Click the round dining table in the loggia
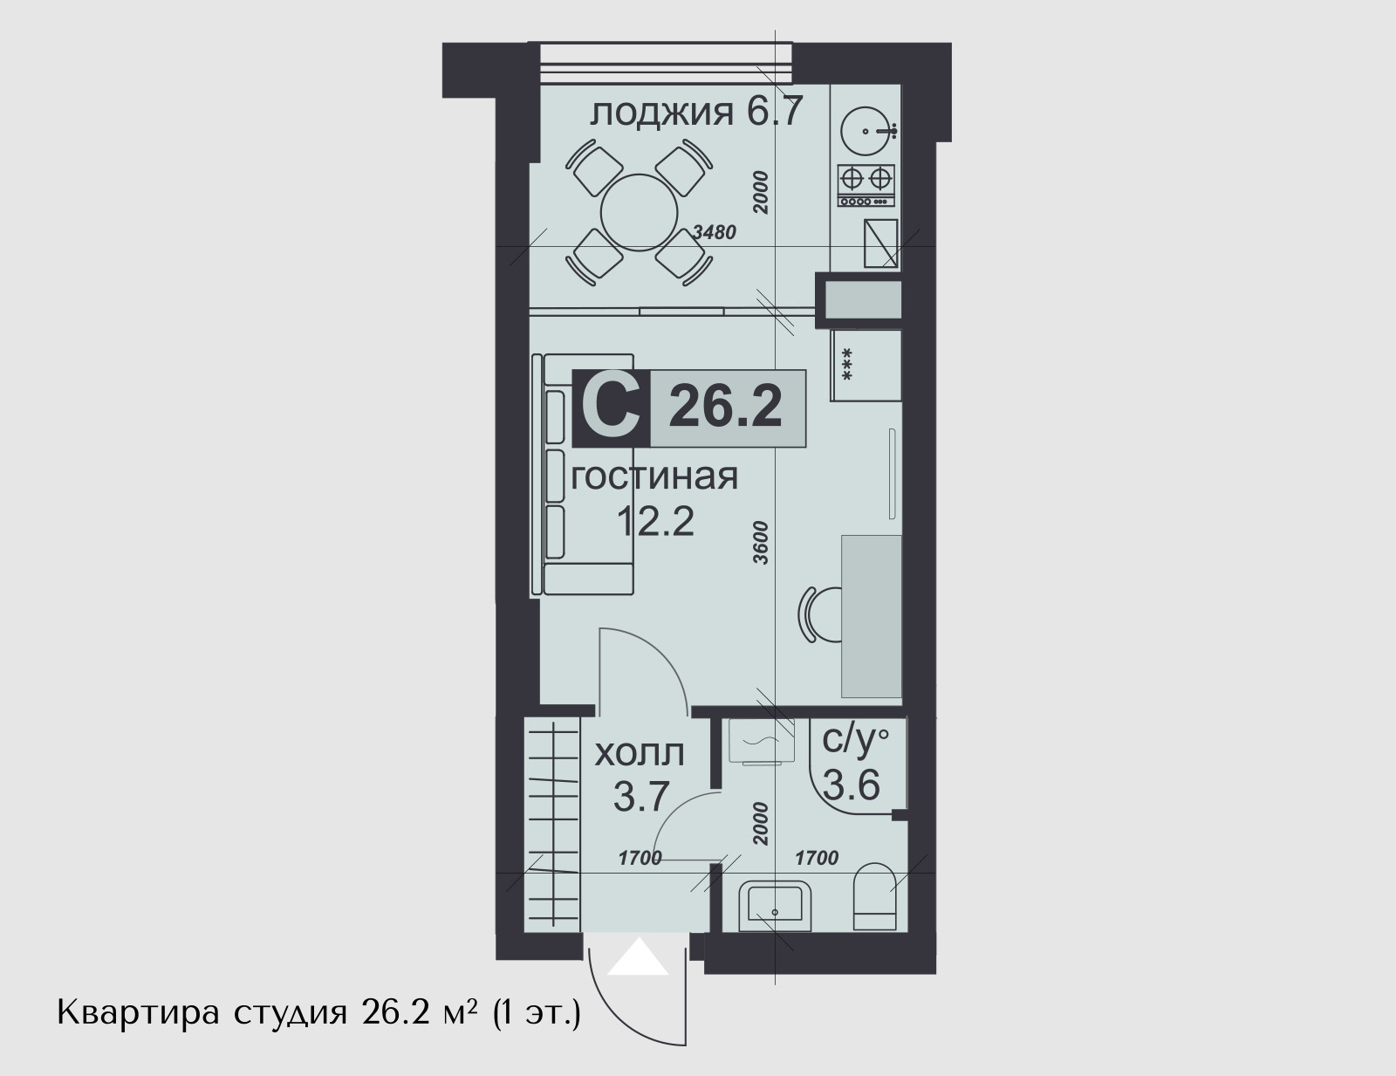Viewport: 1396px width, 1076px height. (639, 212)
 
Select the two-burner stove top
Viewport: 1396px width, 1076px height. (866, 186)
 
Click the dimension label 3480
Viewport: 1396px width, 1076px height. (715, 232)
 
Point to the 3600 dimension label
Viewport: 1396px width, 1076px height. (761, 543)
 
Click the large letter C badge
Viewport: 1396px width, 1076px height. (611, 408)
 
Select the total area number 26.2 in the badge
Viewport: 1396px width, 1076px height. (725, 406)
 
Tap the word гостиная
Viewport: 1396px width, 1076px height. (654, 477)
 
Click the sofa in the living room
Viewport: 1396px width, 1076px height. (584, 474)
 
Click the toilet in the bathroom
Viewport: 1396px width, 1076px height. (874, 897)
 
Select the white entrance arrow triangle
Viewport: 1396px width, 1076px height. (638, 957)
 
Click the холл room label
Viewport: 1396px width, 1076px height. (640, 753)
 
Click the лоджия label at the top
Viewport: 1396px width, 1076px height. (661, 113)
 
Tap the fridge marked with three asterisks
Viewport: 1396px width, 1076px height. (866, 366)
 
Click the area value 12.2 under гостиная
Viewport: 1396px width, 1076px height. (655, 521)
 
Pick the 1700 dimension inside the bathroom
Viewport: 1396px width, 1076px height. (817, 858)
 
